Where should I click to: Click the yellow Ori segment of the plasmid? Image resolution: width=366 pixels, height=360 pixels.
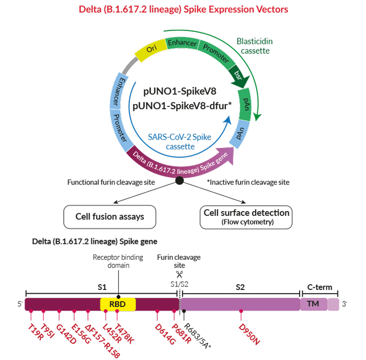point(151,50)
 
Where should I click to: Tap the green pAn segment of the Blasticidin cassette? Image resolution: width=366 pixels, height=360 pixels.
point(245,104)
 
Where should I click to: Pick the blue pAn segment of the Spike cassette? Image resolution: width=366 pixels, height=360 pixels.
point(239,134)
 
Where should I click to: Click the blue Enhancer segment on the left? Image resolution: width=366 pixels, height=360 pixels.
point(118,91)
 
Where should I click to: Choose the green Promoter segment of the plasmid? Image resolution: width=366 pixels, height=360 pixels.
point(216,54)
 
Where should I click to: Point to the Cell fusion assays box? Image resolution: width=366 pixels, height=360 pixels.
point(110,217)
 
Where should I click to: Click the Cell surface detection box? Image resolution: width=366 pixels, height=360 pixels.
point(246,217)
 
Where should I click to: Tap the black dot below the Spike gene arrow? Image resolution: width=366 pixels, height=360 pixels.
point(179,180)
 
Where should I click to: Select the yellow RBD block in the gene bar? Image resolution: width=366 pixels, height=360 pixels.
point(118,304)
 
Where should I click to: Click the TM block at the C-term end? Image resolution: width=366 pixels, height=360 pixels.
point(314,304)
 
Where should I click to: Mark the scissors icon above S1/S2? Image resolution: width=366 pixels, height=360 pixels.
point(179,274)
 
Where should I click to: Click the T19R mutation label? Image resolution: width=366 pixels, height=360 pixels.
point(36,332)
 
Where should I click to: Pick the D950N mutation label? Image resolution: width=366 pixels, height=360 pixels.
point(249,334)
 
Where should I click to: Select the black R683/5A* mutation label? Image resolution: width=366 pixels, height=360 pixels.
point(197,336)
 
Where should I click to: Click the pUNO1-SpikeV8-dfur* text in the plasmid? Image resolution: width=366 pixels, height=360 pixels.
point(182,106)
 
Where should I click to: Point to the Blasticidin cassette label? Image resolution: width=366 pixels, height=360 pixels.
point(255,46)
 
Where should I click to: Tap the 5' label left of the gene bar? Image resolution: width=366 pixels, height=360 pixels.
point(20,304)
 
